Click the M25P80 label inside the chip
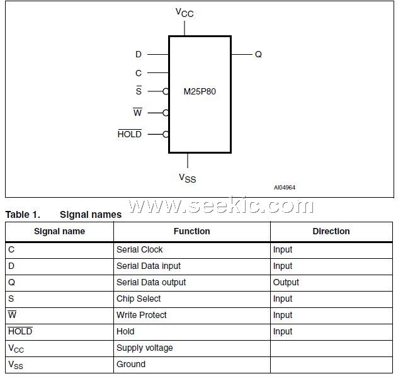click(x=200, y=91)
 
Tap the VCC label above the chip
click(x=184, y=13)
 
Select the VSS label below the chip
click(x=188, y=178)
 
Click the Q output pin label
click(x=258, y=55)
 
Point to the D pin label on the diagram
click(x=139, y=55)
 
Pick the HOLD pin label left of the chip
click(x=130, y=134)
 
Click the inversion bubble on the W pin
click(x=166, y=113)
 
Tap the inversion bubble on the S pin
click(x=166, y=91)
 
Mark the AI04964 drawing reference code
click(x=285, y=188)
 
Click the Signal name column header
click(x=59, y=231)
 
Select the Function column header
click(x=191, y=231)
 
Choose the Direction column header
click(x=331, y=231)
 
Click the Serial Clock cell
click(x=139, y=249)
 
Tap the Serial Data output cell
click(x=151, y=282)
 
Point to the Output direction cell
click(x=286, y=282)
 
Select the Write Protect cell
click(x=141, y=315)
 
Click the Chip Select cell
click(x=139, y=299)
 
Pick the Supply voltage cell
click(x=144, y=348)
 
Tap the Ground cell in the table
click(x=131, y=364)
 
